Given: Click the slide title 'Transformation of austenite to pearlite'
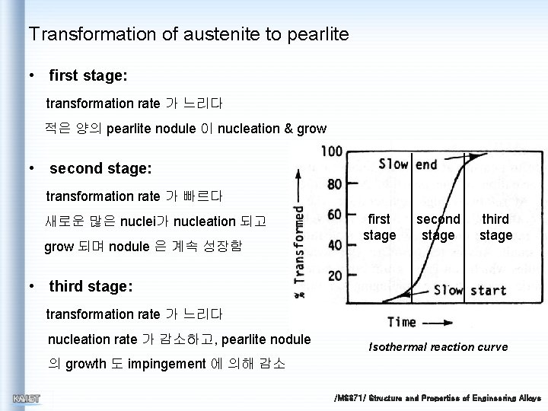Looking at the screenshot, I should pyautogui.click(x=188, y=34).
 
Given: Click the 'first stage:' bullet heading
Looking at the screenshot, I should pyautogui.click(x=88, y=76).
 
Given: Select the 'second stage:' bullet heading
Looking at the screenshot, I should pyautogui.click(x=100, y=168).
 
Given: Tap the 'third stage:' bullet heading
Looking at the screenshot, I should pyautogui.click(x=91, y=286).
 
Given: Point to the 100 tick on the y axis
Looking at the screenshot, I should pyautogui.click(x=331, y=151).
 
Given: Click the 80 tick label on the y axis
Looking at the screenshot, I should pyautogui.click(x=333, y=183).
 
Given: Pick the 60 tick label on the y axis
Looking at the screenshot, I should pyautogui.click(x=333, y=214).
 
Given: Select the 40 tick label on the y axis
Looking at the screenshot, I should pyautogui.click(x=333, y=244).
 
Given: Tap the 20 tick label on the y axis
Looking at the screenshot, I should pyautogui.click(x=333, y=275).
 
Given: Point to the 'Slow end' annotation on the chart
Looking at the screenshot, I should pyautogui.click(x=408, y=164).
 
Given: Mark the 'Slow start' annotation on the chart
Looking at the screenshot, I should pyautogui.click(x=470, y=290).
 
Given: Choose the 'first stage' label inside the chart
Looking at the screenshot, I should pyautogui.click(x=379, y=227).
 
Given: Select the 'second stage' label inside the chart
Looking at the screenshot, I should pyautogui.click(x=438, y=227).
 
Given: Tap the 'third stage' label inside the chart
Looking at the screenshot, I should pyautogui.click(x=495, y=227).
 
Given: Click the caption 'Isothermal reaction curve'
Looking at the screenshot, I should pyautogui.click(x=438, y=347).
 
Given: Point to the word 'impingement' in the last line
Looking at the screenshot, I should pyautogui.click(x=172, y=364).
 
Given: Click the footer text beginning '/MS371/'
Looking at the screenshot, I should pyautogui.click(x=437, y=398).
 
